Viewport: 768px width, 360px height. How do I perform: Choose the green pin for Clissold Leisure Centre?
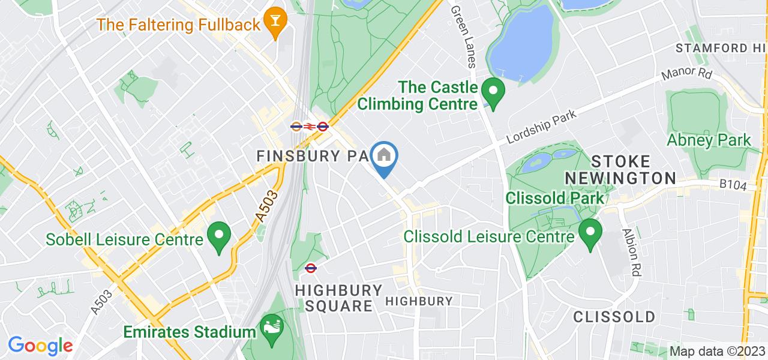[590, 232]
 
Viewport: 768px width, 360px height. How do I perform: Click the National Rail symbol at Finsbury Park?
[309, 127]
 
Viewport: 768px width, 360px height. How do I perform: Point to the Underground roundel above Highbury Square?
[311, 268]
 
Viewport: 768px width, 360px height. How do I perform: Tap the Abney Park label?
[709, 140]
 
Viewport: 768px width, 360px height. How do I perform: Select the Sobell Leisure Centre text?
[125, 240]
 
